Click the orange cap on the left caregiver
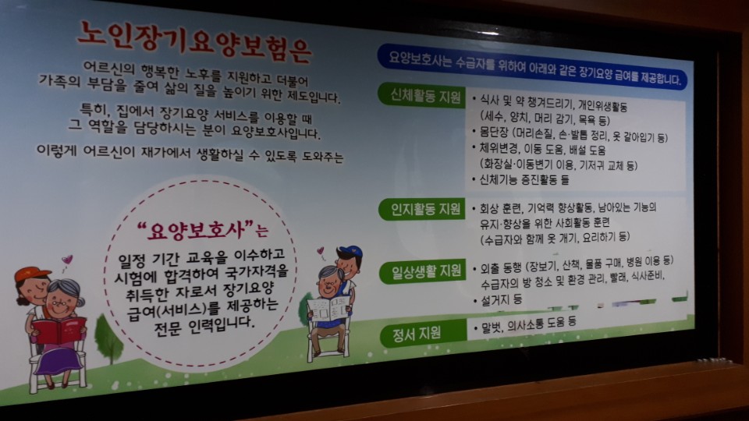coord(31,275)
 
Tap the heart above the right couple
coord(321,251)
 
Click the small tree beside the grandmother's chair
coord(108,337)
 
